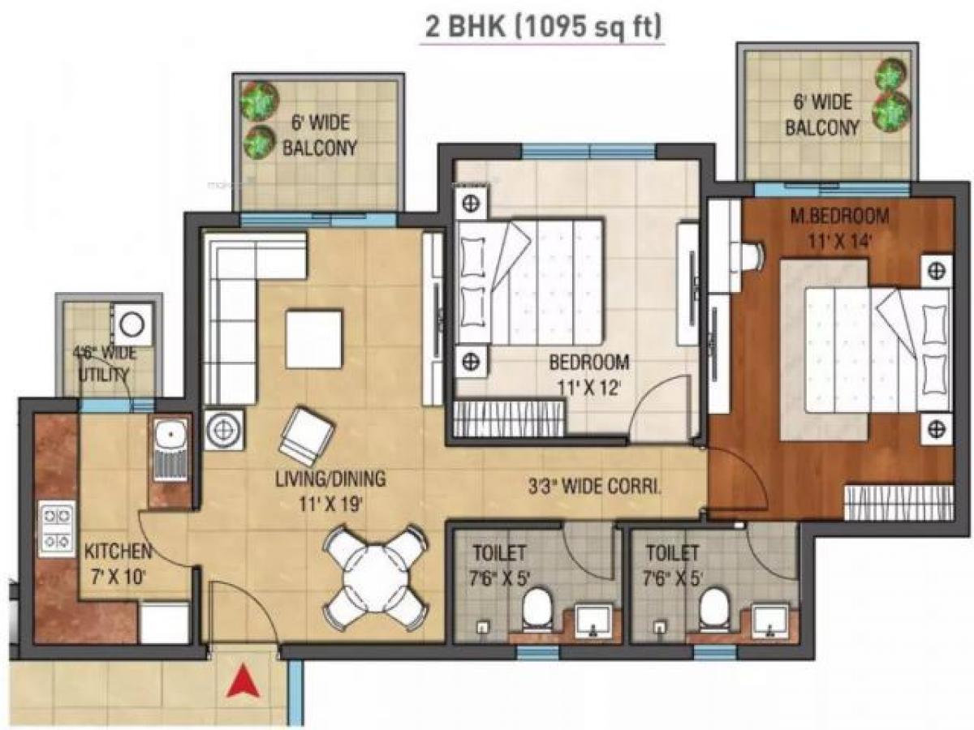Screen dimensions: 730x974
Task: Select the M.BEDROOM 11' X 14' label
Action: coord(838,228)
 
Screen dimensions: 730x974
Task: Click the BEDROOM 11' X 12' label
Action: coord(588,374)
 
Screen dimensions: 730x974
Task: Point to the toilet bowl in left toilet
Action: coord(537,610)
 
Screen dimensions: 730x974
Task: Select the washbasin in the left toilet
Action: coord(592,620)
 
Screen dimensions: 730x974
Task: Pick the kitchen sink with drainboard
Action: coord(170,454)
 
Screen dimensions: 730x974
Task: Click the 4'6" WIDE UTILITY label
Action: coord(103,363)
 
